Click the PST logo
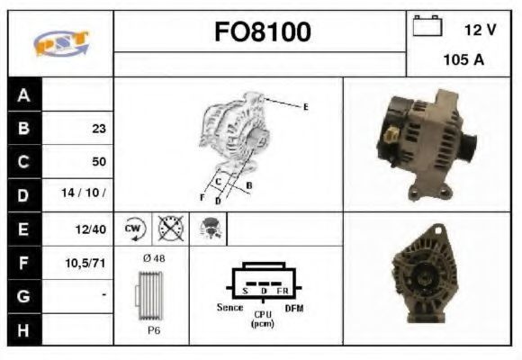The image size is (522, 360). [61, 43]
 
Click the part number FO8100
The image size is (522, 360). [263, 31]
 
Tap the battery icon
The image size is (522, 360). [427, 25]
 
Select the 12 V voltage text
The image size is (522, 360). [480, 30]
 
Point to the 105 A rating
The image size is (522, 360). [463, 59]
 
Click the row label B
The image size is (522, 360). [23, 128]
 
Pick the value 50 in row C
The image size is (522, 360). [99, 161]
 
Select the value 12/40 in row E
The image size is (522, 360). [91, 229]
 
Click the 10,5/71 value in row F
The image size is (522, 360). [85, 263]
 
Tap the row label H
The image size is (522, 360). [23, 330]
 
